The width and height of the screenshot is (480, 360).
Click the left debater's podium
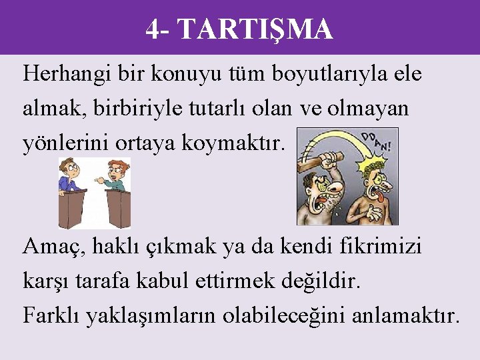click(x=73, y=209)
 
